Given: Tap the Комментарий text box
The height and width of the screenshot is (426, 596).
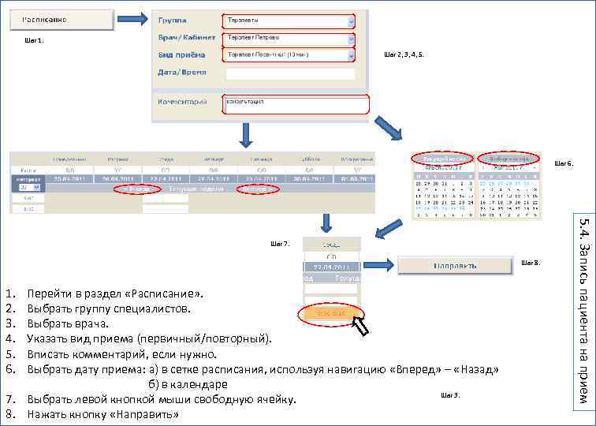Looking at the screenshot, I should [296, 104].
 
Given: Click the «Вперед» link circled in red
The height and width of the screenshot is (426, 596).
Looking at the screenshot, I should [258, 190].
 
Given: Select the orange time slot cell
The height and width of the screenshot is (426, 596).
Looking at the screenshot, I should [330, 314].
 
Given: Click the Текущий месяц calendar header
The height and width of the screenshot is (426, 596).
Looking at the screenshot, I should [442, 158].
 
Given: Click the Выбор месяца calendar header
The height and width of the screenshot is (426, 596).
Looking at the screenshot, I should [508, 158].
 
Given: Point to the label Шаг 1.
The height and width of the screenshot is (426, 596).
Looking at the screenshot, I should [35, 41].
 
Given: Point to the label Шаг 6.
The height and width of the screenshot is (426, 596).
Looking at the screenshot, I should [564, 163].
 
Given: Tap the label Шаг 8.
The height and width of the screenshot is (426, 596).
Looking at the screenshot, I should [531, 262].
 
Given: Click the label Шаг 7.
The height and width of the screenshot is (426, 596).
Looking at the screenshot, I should [281, 243].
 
